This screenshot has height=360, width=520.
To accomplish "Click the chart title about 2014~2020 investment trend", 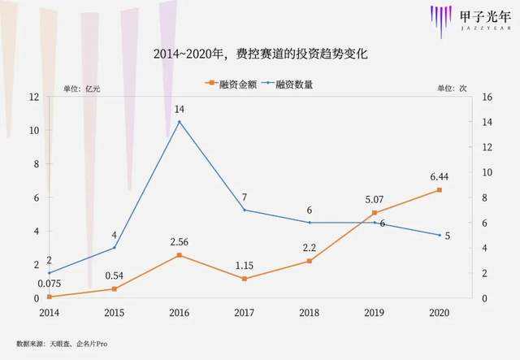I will [261, 54].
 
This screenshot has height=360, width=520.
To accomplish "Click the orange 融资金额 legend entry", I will [230, 84].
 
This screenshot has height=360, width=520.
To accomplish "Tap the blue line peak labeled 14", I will [179, 122].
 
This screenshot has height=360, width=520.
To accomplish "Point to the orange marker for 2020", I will [440, 190].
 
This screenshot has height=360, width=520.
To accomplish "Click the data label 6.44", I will [440, 176].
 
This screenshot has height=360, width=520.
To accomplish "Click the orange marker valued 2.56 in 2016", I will [179, 255].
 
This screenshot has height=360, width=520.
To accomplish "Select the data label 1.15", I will [245, 265].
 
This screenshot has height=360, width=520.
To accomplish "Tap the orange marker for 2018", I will [309, 261].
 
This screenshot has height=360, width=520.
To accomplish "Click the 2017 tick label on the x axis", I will [245, 312].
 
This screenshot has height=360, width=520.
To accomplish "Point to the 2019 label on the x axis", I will [375, 312].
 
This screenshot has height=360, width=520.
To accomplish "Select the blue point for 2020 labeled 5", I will [440, 235].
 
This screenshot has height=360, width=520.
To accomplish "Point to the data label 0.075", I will [50, 284].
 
